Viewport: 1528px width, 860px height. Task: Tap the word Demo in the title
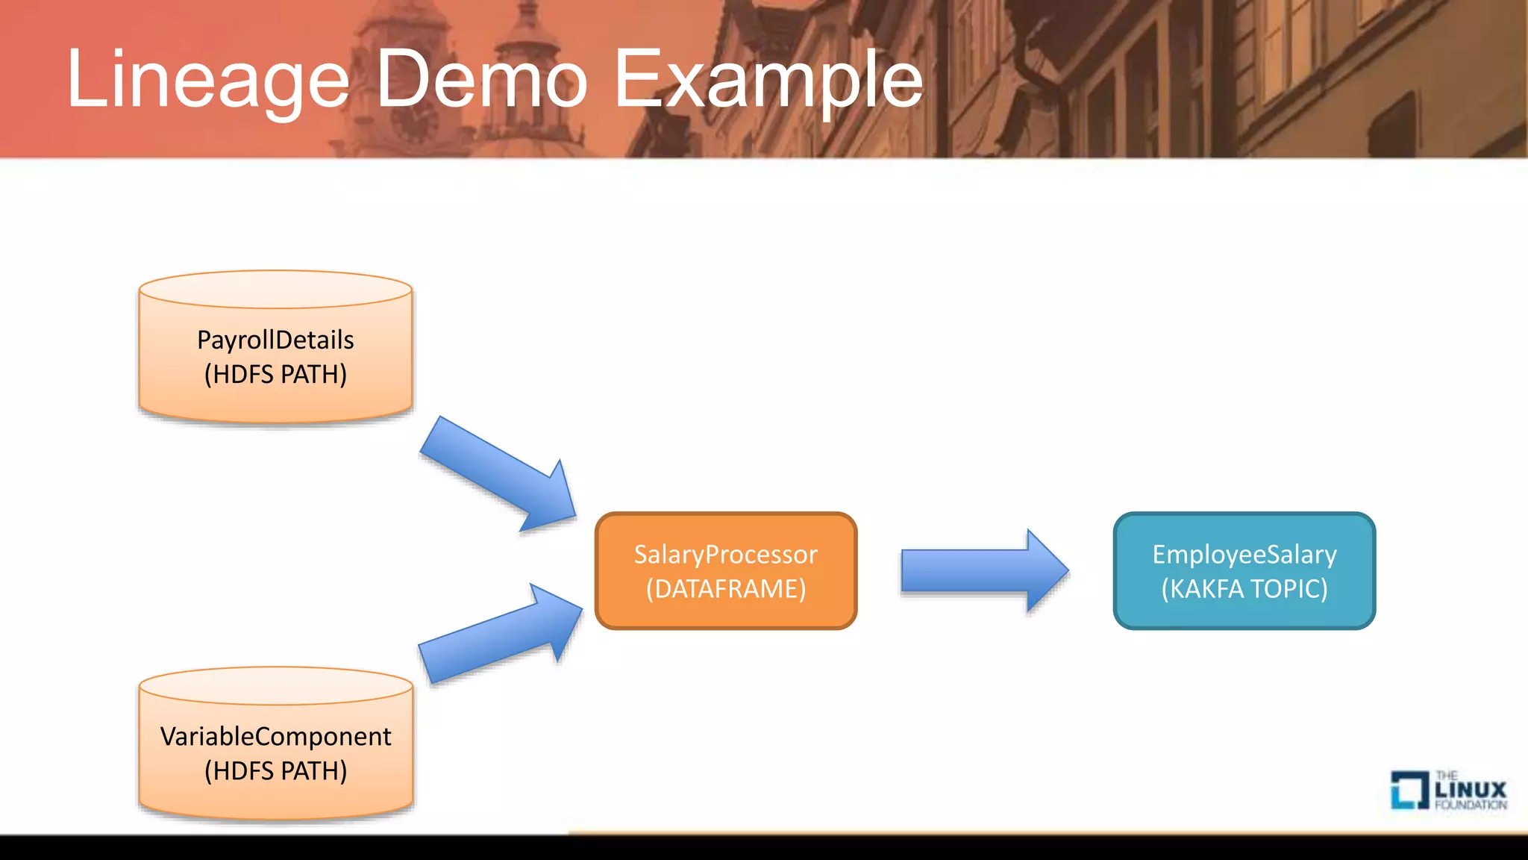coord(481,79)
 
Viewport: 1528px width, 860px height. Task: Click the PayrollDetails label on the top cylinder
coord(275,340)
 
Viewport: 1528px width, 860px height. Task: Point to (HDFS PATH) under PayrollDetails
coord(275,374)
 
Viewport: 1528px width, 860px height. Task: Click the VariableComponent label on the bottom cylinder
coord(275,737)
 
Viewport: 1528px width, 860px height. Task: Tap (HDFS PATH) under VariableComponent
coord(275,770)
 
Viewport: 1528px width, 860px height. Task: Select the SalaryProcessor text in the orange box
coord(725,555)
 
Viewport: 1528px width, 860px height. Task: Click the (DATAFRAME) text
coord(725,589)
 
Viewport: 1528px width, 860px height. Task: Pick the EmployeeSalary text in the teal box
coord(1244,555)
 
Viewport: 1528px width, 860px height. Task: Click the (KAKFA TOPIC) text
coord(1244,589)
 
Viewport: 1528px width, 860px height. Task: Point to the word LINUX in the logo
coord(1471,789)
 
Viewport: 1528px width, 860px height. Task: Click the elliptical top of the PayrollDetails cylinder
coord(275,290)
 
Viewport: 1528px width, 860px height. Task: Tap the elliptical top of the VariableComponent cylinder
coord(275,686)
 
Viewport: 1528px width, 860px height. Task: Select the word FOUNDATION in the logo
coord(1471,805)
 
